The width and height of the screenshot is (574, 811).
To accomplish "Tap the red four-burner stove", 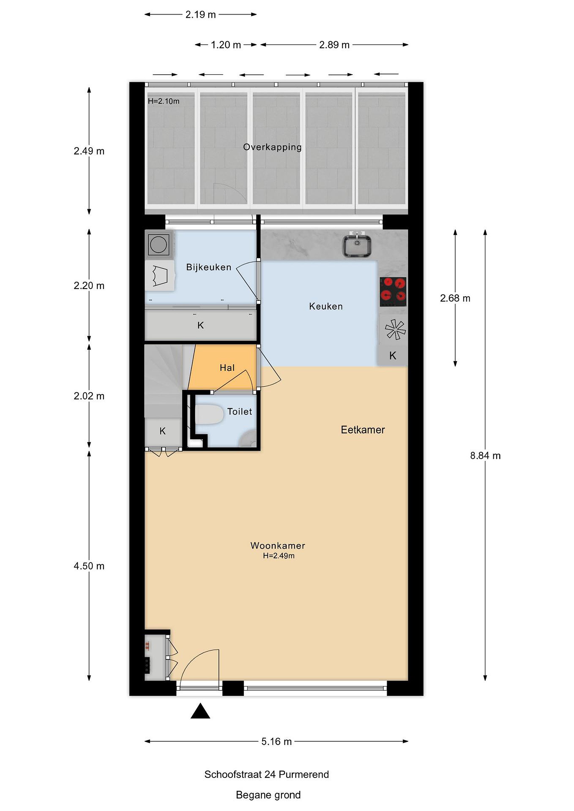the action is pos(393,292).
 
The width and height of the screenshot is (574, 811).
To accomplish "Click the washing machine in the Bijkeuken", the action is pos(158,244).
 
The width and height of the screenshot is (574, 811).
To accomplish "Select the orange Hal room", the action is pos(223,367).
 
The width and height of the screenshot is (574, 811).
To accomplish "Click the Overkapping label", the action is pos(272,147).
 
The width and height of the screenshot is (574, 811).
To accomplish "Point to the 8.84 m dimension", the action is pos(485,456).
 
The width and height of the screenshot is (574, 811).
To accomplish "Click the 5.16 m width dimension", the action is pos(276,741).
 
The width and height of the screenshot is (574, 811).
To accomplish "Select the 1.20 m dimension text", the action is pos(226,45).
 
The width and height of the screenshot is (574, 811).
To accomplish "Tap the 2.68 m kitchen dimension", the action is pos(455,298).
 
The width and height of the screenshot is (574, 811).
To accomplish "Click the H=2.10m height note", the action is pos(164,101).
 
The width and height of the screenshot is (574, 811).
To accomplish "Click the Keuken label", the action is pos(326,306).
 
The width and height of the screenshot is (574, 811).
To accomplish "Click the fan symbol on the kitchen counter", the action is pos(395,329).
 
